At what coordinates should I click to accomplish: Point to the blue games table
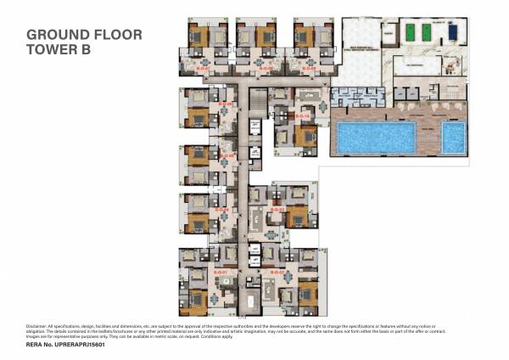point(452,32)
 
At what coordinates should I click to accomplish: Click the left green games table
point(406,32)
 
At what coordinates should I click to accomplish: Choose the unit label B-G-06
point(227,104)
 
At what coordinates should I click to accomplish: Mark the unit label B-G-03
point(275,209)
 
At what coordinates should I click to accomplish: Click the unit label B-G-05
point(227,156)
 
